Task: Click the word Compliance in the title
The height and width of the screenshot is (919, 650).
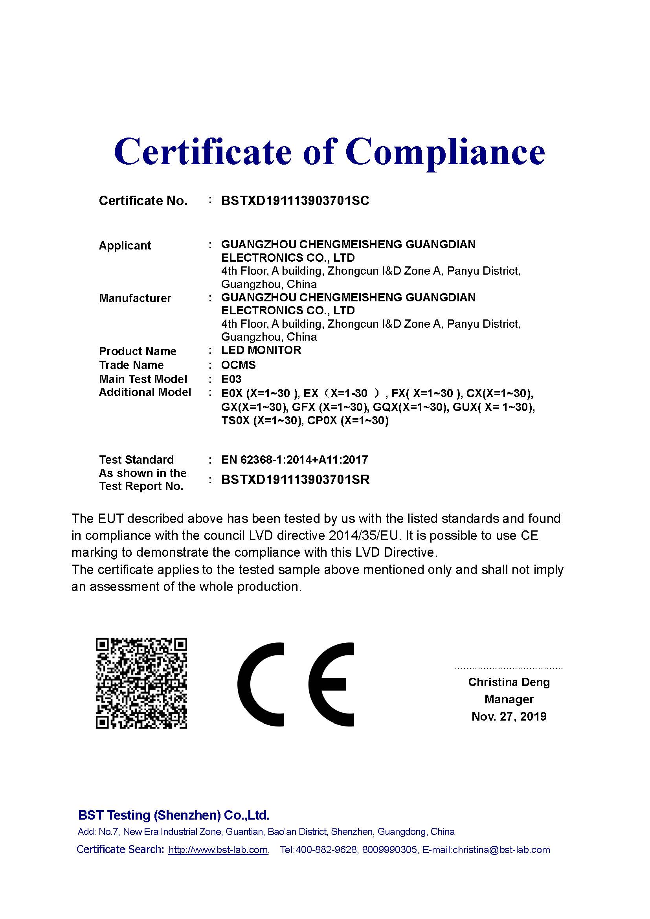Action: pyautogui.click(x=445, y=152)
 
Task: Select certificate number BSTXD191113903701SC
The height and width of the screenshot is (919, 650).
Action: pyautogui.click(x=295, y=200)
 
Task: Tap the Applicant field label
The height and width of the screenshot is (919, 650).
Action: pyautogui.click(x=125, y=245)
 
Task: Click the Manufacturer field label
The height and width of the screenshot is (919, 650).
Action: pyautogui.click(x=135, y=298)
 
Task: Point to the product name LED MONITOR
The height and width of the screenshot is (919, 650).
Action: pyautogui.click(x=261, y=350)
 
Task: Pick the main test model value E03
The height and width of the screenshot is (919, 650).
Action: pyautogui.click(x=231, y=379)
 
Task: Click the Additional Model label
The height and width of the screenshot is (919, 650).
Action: pyautogui.click(x=145, y=392)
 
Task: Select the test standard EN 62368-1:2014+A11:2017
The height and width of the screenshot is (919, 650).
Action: pyautogui.click(x=294, y=460)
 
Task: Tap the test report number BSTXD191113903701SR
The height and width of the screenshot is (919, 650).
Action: pyautogui.click(x=296, y=479)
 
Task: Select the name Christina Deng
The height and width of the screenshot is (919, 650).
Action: pyautogui.click(x=509, y=682)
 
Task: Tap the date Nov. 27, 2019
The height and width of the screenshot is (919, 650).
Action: pyautogui.click(x=509, y=717)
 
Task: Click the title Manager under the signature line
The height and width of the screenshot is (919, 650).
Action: pyautogui.click(x=509, y=699)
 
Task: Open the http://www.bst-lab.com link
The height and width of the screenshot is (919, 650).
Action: pyautogui.click(x=218, y=849)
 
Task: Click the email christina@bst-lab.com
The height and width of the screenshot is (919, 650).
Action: pyautogui.click(x=501, y=849)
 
